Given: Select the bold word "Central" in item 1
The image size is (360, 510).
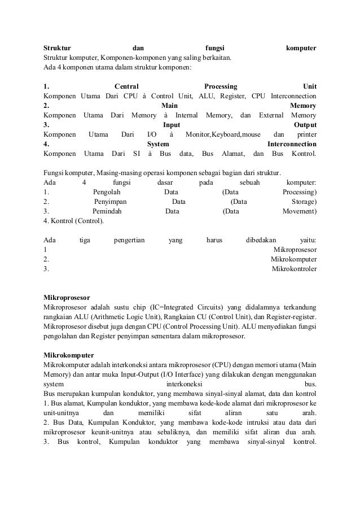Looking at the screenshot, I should coord(126,86).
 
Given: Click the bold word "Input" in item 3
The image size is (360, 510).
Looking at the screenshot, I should coord(172,124).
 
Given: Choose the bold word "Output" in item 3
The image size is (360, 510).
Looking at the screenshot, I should coord(305,124).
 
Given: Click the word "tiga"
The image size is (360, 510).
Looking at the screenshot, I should coord(85,239).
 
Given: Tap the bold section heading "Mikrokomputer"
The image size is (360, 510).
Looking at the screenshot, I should coord(68,355).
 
